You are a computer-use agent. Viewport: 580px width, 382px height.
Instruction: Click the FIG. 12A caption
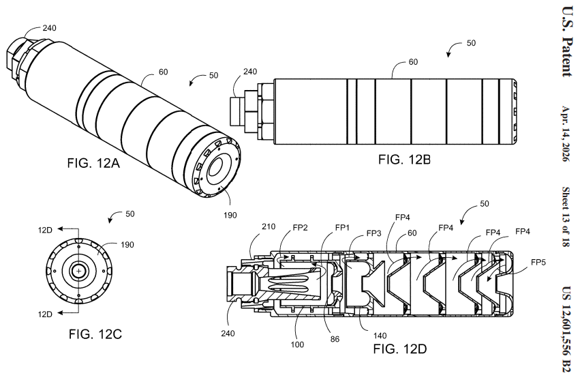pyautogui.click(x=93, y=163)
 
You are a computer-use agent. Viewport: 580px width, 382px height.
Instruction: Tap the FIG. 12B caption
pyautogui.click(x=404, y=160)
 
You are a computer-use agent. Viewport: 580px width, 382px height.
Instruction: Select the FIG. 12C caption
pyautogui.click(x=95, y=334)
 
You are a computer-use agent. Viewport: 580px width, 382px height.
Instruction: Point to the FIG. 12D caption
pyautogui.click(x=400, y=349)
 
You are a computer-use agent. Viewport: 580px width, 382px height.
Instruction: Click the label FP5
pyautogui.click(x=538, y=263)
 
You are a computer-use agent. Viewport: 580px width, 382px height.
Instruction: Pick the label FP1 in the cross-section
pyautogui.click(x=342, y=228)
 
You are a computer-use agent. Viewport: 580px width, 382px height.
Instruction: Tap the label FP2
pyautogui.click(x=300, y=228)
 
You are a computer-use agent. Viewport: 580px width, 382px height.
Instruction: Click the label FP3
pyautogui.click(x=373, y=233)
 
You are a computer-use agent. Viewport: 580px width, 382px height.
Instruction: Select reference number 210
pyautogui.click(x=268, y=226)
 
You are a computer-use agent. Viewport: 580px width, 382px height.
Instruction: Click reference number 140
pyautogui.click(x=380, y=336)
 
